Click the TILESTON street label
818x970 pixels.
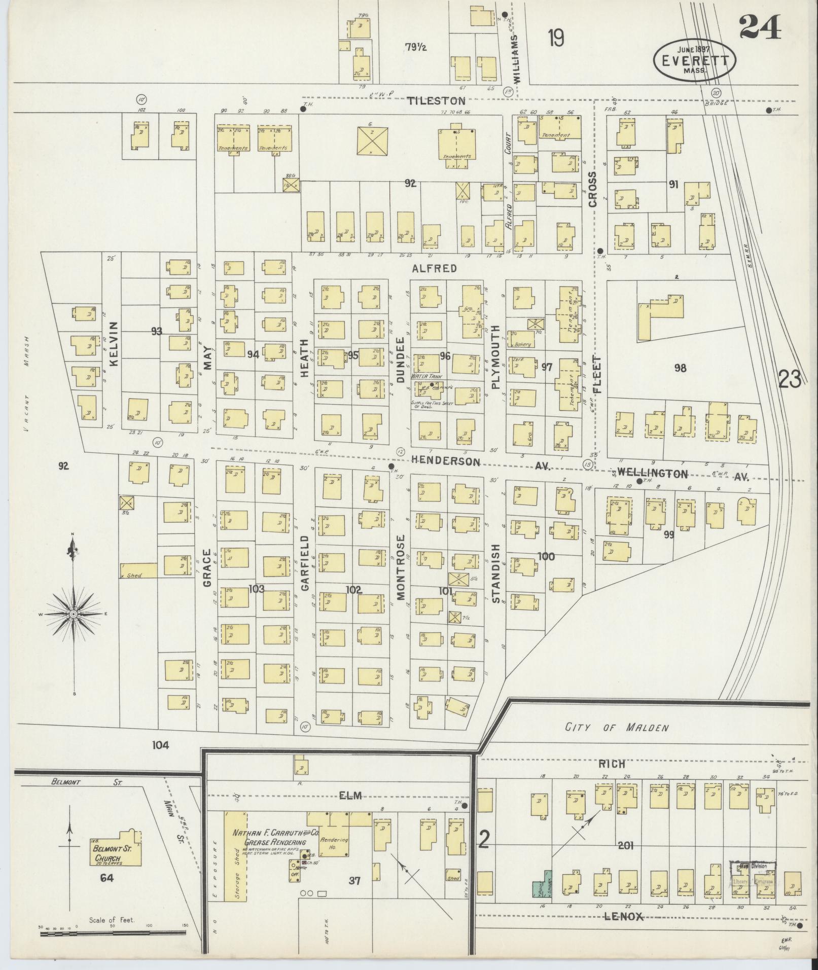[x=436, y=101]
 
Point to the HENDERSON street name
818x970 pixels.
[x=446, y=461]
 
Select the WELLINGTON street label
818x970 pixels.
[x=653, y=474]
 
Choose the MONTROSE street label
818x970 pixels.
[x=401, y=567]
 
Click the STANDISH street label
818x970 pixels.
[x=495, y=573]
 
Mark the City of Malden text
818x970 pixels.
[x=617, y=728]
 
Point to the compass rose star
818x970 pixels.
[x=74, y=614]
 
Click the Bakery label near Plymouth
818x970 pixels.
[x=522, y=344]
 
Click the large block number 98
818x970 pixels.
[x=680, y=368]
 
